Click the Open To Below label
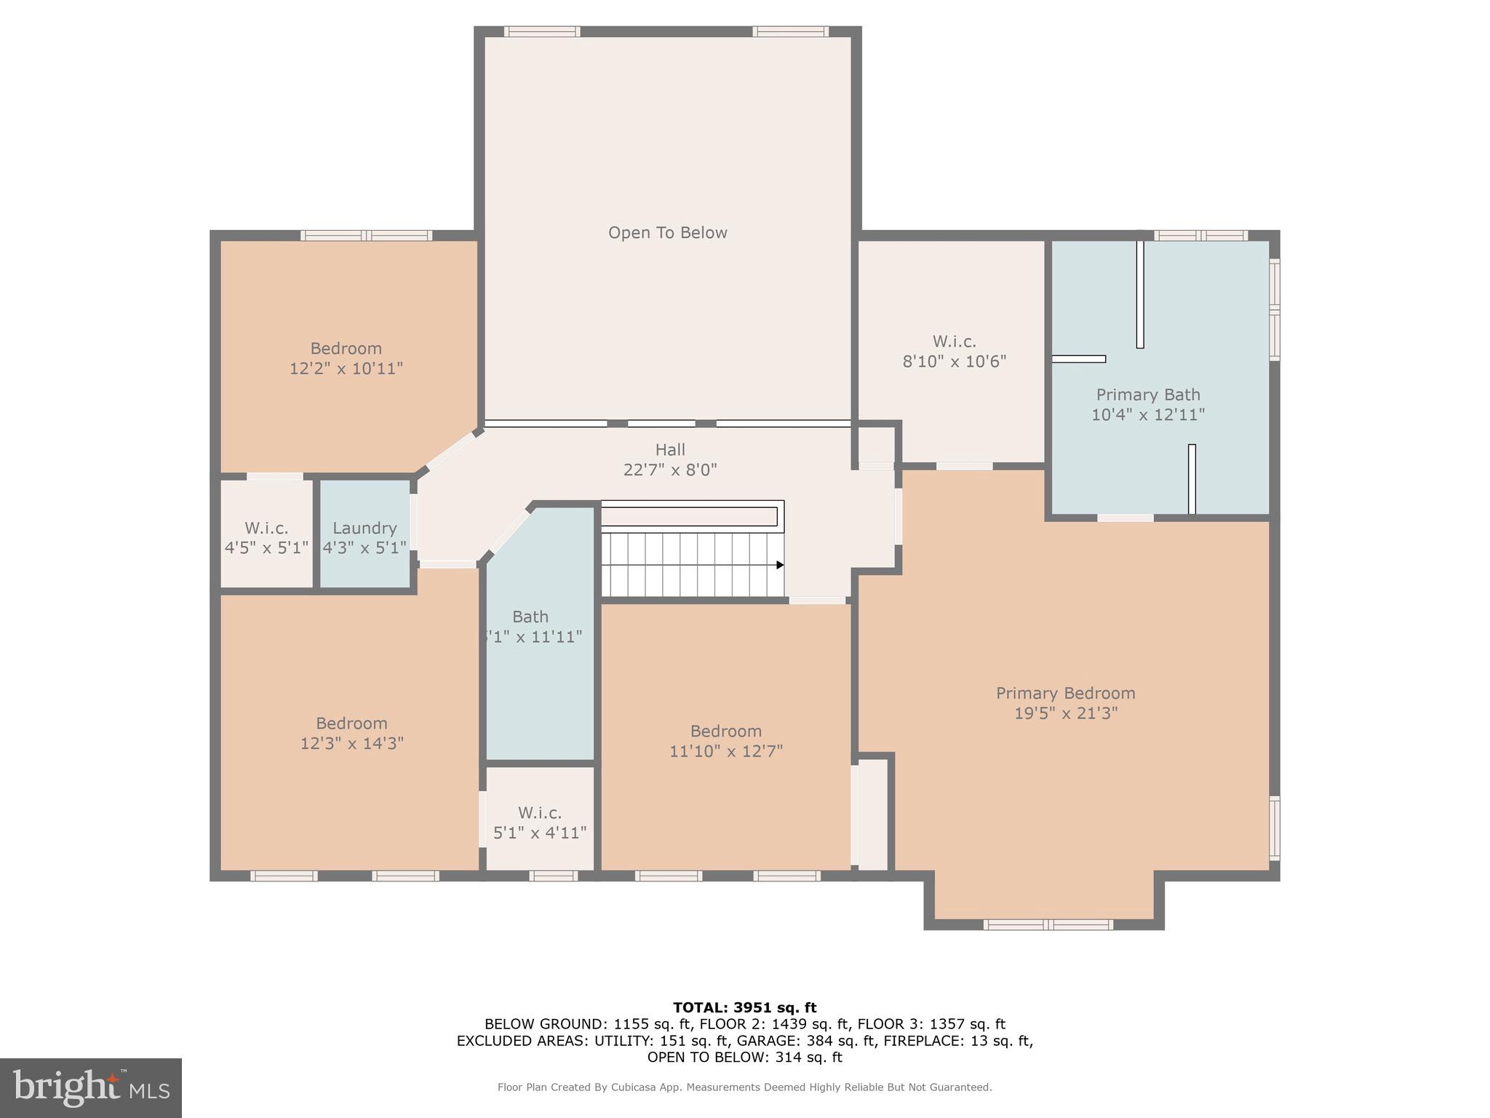667,233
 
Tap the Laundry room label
364,528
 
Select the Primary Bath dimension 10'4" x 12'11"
1147,415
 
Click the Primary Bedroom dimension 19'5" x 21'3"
1065,713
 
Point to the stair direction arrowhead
780,565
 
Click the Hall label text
669,450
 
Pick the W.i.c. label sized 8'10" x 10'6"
954,341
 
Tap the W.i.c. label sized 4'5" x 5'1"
266,528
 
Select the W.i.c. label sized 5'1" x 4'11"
539,813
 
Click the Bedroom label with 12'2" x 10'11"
346,349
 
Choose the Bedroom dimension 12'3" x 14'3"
351,744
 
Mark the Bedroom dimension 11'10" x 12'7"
725,751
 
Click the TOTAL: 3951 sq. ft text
744,1007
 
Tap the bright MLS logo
91,1088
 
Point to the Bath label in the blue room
530,617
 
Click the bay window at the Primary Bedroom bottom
1048,925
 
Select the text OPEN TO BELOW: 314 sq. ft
744,1057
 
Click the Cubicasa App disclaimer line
744,1087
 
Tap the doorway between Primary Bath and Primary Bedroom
1125,518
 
